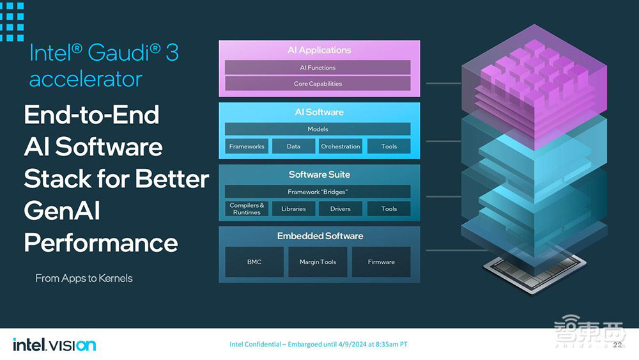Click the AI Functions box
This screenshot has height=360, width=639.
(x=318, y=68)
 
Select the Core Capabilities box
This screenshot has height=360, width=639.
(x=318, y=84)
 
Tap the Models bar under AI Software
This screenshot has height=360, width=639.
(x=318, y=129)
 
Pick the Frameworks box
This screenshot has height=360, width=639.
(x=247, y=146)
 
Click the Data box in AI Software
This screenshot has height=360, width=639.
(x=293, y=146)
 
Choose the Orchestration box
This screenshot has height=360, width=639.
(x=341, y=146)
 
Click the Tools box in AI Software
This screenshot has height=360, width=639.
(x=389, y=146)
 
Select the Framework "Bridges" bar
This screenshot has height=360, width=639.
(x=318, y=192)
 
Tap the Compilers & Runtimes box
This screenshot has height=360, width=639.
(x=247, y=208)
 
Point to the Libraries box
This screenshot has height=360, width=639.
(x=293, y=208)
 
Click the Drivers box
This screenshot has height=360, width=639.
(x=341, y=208)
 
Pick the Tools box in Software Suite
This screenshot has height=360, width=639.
(x=389, y=208)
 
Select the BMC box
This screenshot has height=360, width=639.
(x=254, y=262)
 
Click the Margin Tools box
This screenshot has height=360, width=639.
(x=318, y=262)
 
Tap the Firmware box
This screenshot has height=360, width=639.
(x=381, y=262)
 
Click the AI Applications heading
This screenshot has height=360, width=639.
(x=319, y=50)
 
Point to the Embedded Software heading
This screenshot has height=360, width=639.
(x=320, y=236)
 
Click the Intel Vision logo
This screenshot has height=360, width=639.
(x=54, y=345)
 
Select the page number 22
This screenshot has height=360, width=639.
(x=617, y=345)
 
